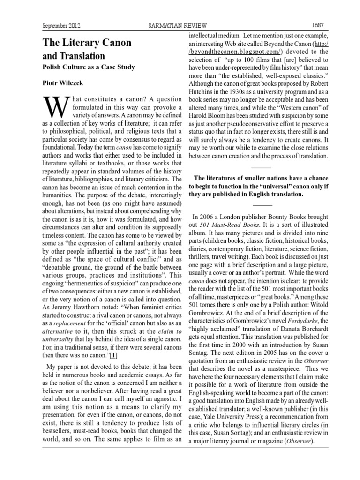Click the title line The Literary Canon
[x=87, y=43]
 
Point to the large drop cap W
[x=53, y=109]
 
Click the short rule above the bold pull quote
[x=262, y=167]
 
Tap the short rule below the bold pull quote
[x=262, y=205]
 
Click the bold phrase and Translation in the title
[x=74, y=56]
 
